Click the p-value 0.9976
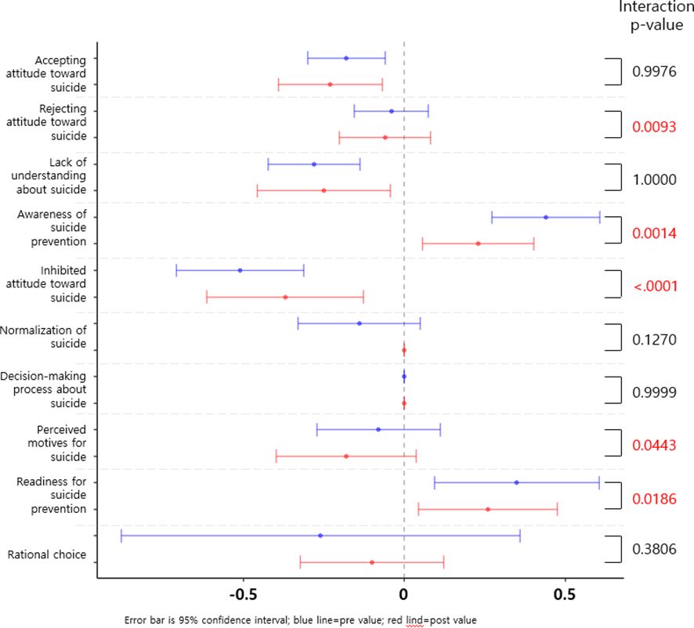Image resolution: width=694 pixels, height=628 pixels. click(x=654, y=72)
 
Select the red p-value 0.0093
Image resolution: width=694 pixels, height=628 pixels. click(x=654, y=126)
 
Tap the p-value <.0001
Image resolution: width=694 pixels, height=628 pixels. click(x=655, y=287)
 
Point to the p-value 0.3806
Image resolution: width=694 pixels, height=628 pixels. click(x=654, y=549)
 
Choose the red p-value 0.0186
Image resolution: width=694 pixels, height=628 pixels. click(x=654, y=498)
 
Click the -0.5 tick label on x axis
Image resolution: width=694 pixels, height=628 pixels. click(x=242, y=594)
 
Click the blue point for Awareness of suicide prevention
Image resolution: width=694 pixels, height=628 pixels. click(x=546, y=217)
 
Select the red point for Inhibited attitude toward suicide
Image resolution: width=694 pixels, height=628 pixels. click(x=285, y=297)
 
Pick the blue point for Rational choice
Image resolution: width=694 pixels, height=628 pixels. click(x=320, y=536)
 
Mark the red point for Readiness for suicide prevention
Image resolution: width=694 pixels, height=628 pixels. click(x=488, y=509)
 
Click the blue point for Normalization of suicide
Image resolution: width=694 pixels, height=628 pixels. click(x=360, y=323)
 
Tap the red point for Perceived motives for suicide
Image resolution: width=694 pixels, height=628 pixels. click(x=346, y=456)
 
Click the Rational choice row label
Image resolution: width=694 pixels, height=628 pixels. click(x=47, y=555)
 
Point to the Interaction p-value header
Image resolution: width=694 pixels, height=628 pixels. click(x=656, y=16)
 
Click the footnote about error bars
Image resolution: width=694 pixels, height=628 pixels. click(x=300, y=619)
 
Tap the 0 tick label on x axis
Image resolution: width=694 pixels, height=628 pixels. click(x=403, y=594)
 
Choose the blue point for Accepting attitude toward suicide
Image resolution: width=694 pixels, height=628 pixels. click(x=346, y=58)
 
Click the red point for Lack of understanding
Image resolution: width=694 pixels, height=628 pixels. click(x=324, y=190)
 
